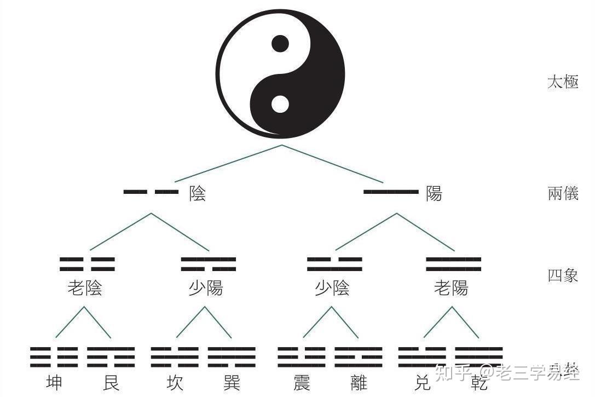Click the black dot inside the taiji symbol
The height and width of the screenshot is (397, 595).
click(x=280, y=43)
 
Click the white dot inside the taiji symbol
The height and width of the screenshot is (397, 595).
click(x=280, y=103)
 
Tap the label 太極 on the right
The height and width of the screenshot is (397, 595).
click(x=563, y=83)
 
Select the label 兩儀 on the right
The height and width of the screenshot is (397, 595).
click(x=563, y=193)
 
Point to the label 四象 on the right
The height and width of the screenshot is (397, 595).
click(x=563, y=275)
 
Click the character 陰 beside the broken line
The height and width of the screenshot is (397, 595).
click(x=198, y=193)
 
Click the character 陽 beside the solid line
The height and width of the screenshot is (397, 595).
click(x=434, y=193)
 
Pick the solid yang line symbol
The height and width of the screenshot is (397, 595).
click(x=391, y=192)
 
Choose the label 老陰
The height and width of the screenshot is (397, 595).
click(x=85, y=288)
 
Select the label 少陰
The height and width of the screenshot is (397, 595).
click(x=332, y=288)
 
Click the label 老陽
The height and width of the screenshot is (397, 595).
click(x=451, y=288)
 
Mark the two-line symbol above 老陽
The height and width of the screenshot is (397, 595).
click(x=453, y=264)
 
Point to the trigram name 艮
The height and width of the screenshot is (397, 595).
click(x=111, y=382)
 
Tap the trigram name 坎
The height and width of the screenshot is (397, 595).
click(x=175, y=382)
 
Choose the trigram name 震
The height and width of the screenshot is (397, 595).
click(x=302, y=382)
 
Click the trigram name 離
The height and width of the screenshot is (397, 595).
click(x=359, y=382)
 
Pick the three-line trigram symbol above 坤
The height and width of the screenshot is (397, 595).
click(x=54, y=357)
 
